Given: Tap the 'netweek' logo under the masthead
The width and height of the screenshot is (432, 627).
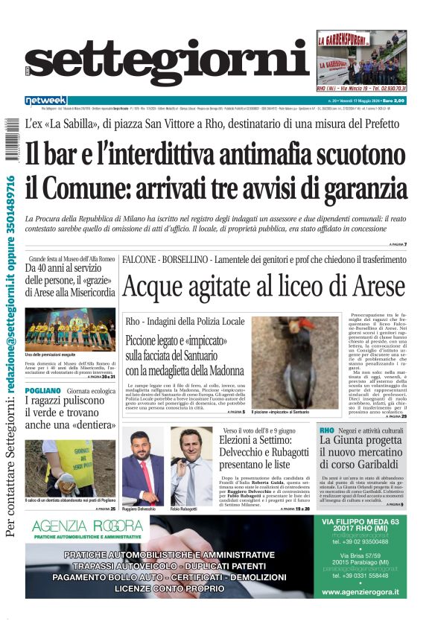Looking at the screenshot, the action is [x=46, y=101].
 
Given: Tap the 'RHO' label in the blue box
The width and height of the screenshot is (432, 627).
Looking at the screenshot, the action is [x=326, y=430].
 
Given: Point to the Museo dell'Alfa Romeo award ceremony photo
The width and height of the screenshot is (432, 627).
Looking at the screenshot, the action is [x=70, y=329].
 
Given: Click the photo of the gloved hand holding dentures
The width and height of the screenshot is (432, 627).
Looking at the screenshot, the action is [x=70, y=468].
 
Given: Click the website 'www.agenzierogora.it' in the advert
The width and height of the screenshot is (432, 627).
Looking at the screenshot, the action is [x=360, y=592].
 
